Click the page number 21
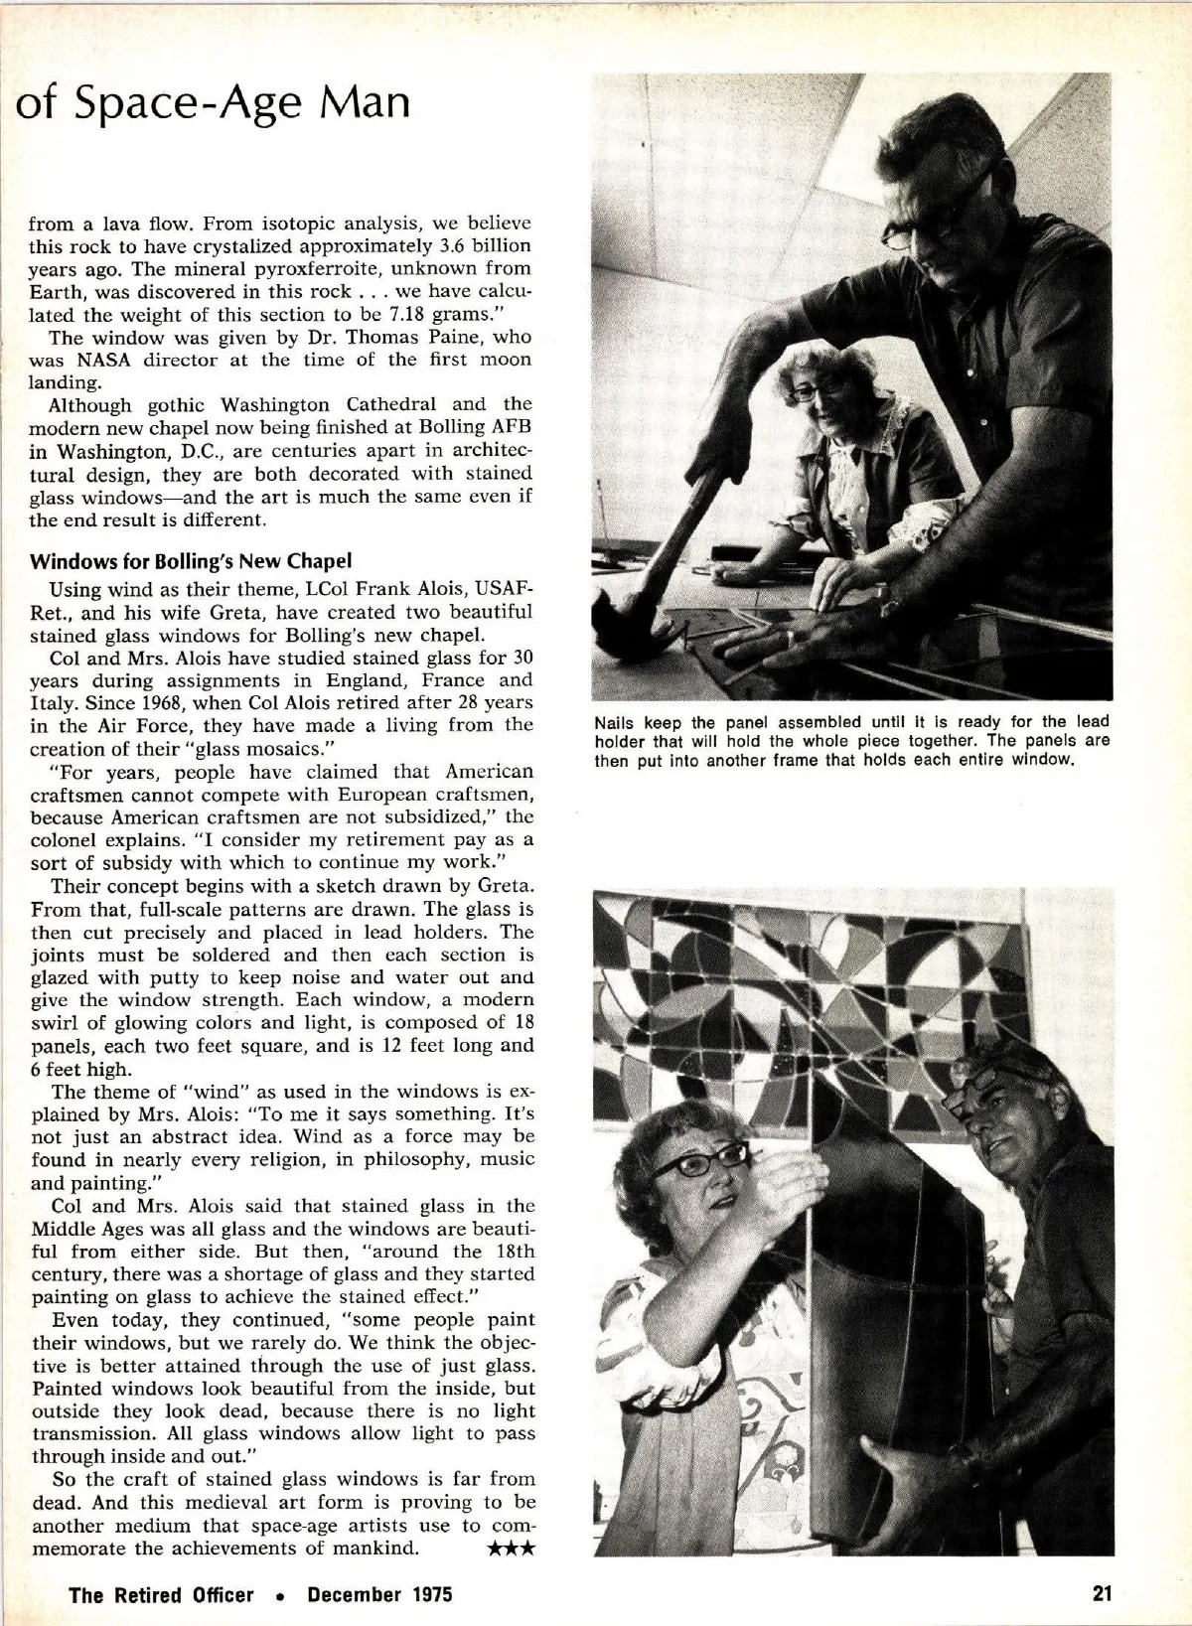pyautogui.click(x=1101, y=1593)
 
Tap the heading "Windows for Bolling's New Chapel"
pyautogui.click(x=190, y=561)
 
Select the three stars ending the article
pyautogui.click(x=513, y=1550)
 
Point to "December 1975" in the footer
pyautogui.click(x=379, y=1594)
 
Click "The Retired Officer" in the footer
pyautogui.click(x=161, y=1594)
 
